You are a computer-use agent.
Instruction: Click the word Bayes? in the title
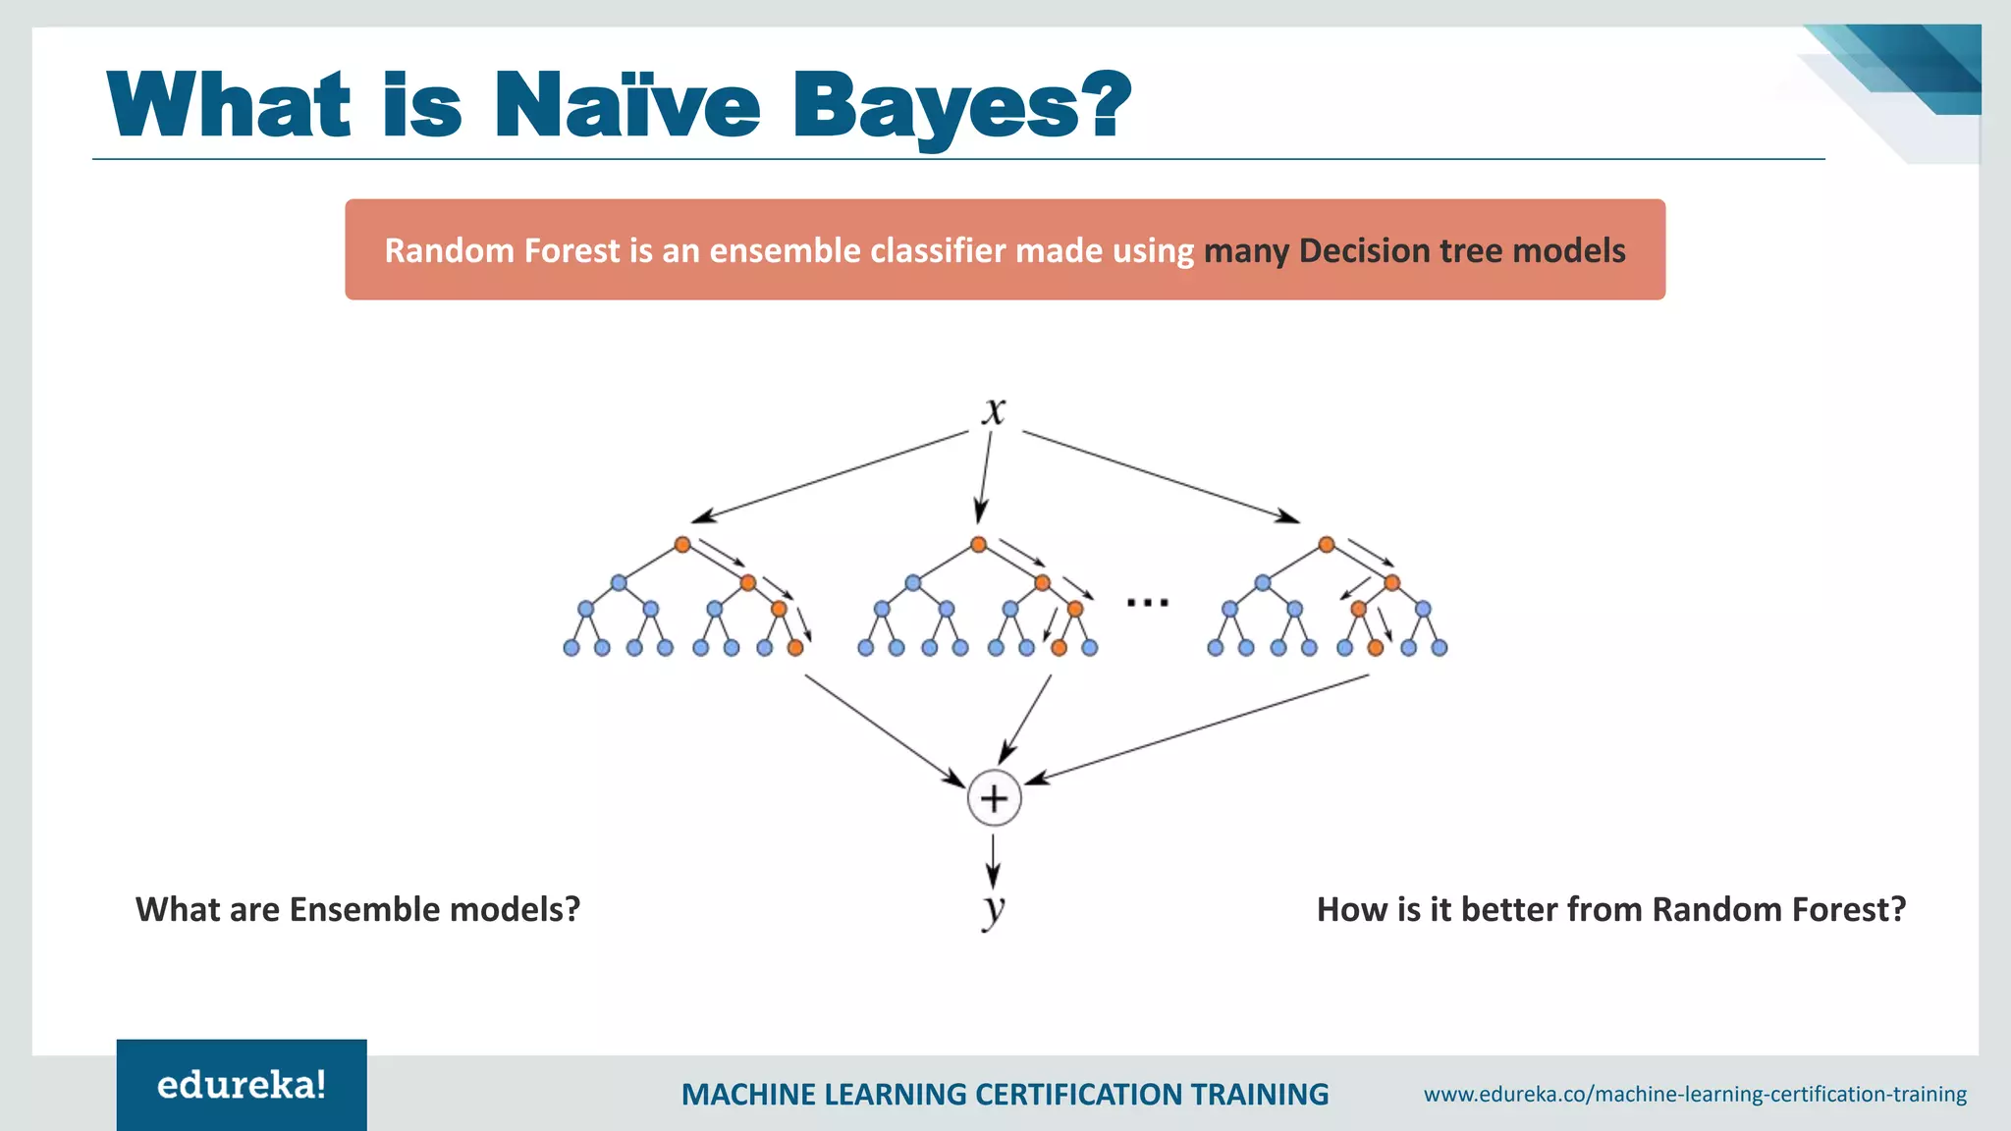[x=960, y=106]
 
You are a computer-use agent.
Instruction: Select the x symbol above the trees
[x=994, y=410]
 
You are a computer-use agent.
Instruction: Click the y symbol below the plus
[x=994, y=907]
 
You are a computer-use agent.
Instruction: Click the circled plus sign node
[x=994, y=798]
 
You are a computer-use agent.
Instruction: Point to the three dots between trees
[x=1147, y=602]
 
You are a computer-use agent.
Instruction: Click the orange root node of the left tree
[x=682, y=544]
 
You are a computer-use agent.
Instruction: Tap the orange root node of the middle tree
[x=978, y=544]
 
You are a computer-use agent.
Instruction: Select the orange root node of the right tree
[x=1327, y=544]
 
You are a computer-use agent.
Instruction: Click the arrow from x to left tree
[x=830, y=476]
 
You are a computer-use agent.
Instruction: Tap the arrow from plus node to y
[x=994, y=861]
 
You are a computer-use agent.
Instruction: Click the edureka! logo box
[x=242, y=1085]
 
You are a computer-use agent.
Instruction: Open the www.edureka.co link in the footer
[x=1695, y=1094]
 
